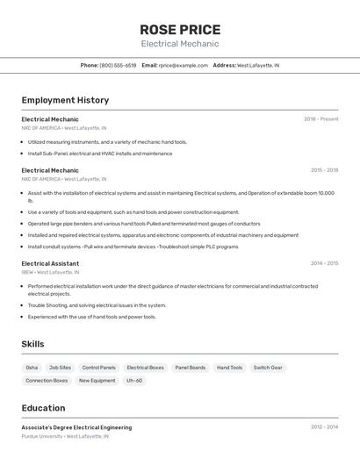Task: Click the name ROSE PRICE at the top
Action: (x=180, y=29)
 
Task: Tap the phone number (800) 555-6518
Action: (x=118, y=65)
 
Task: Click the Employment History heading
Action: (x=65, y=100)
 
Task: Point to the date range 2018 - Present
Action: (x=320, y=118)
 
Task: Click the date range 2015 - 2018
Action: (x=324, y=170)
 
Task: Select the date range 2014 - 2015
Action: (x=324, y=263)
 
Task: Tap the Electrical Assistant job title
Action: (x=50, y=263)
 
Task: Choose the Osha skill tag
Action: (x=32, y=368)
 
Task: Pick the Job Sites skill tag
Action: (x=60, y=368)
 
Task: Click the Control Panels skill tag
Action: (x=98, y=368)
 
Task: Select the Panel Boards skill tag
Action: (x=190, y=368)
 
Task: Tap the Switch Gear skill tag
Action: (x=268, y=368)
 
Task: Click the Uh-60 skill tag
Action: (x=134, y=381)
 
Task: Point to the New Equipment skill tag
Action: (x=97, y=381)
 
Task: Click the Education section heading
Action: (x=43, y=408)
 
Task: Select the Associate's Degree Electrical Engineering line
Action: (x=76, y=427)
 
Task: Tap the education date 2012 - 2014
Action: (x=324, y=427)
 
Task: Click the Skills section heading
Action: (x=32, y=344)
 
